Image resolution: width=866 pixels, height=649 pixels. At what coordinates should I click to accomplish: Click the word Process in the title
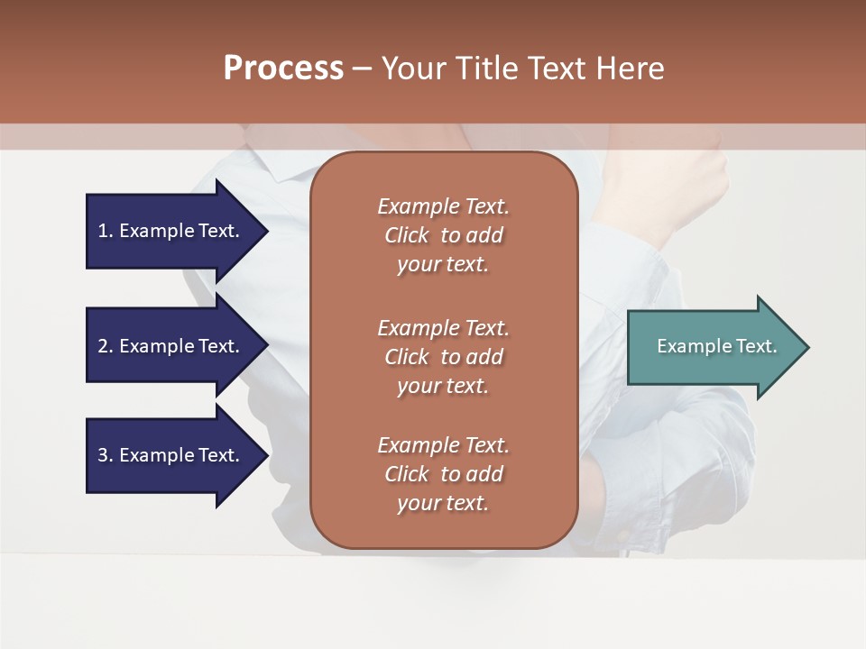click(283, 69)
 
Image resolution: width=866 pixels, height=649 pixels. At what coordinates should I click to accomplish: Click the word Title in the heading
click(486, 69)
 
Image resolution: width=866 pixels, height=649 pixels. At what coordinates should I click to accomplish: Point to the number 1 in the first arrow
click(103, 231)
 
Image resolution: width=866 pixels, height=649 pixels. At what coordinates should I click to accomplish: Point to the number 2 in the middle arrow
click(103, 346)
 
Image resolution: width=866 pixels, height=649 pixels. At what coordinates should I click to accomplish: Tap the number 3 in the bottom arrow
click(103, 455)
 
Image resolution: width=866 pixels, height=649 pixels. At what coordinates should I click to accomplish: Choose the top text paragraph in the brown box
click(443, 235)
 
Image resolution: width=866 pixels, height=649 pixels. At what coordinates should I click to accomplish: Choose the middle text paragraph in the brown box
click(443, 357)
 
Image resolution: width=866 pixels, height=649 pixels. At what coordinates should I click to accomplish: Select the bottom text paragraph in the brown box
click(443, 474)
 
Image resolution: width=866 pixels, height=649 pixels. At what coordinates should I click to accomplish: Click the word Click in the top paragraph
click(406, 235)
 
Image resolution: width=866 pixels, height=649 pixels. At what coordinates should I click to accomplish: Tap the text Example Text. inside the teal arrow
click(716, 346)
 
